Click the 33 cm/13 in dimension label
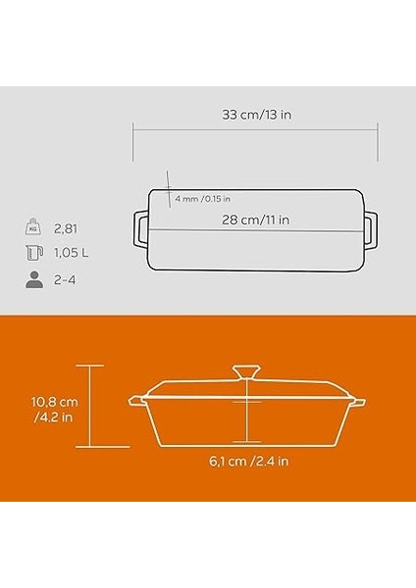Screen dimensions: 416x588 coord(256,115)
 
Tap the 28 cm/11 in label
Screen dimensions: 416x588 coord(256,220)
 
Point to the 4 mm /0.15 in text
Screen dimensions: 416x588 coord(203,199)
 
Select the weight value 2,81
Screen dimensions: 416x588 coord(66,228)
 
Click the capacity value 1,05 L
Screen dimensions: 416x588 coord(72,253)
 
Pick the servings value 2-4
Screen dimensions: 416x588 coord(65,279)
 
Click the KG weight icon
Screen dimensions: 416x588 coord(33,226)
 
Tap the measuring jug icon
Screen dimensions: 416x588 coord(34,253)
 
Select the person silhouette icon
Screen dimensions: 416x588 coord(34,279)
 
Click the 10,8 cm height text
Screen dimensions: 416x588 coord(55,403)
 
